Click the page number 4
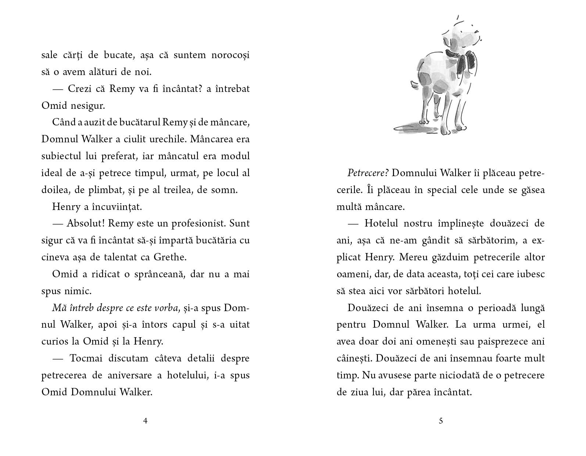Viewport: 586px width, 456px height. click(145, 421)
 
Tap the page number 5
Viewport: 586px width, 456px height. click(441, 421)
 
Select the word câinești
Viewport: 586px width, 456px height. click(354, 359)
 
